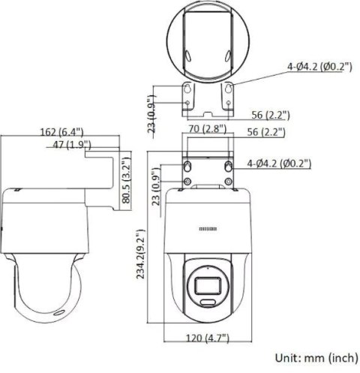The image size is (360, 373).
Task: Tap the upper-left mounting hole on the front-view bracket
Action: point(187,164)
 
